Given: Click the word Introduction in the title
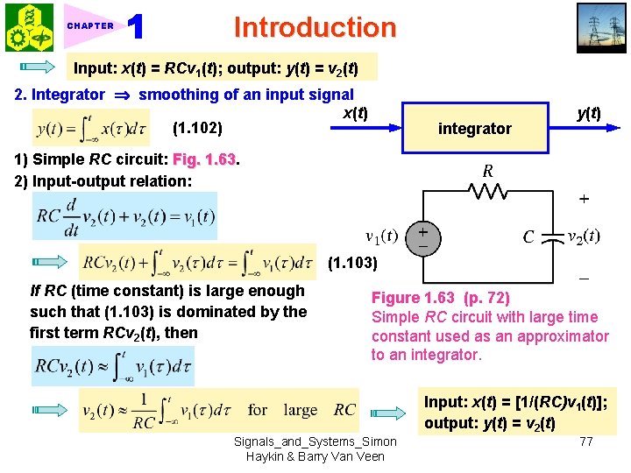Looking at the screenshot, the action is click(315, 27).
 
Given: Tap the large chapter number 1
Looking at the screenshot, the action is click(136, 27).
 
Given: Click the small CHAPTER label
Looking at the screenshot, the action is click(90, 26).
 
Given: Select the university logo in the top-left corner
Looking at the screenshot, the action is click(30, 27).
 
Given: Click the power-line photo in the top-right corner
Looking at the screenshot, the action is click(601, 28).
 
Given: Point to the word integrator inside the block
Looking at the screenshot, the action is click(474, 129).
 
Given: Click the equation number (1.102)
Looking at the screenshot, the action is click(198, 129).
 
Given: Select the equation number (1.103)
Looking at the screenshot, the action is click(352, 262).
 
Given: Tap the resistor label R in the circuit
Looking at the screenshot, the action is click(488, 171).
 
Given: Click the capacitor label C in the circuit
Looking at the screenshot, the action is click(528, 236).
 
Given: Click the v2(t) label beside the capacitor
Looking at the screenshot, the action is click(584, 236).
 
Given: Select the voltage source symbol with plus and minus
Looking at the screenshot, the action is click(422, 239).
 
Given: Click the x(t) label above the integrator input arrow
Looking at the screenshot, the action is click(354, 112).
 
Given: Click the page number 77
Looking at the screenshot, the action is click(586, 441).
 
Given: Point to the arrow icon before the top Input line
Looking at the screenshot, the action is click(39, 67).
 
